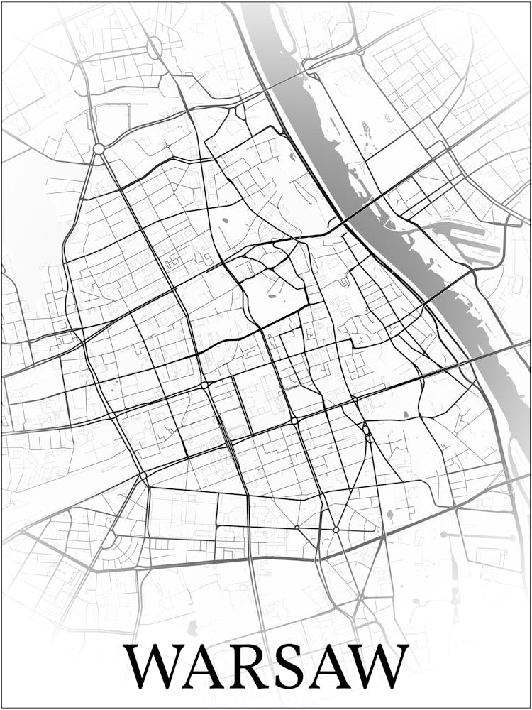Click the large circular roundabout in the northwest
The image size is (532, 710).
[x=99, y=149]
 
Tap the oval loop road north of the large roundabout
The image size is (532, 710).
[x=154, y=48]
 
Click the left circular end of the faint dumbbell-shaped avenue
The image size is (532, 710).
[x=443, y=534]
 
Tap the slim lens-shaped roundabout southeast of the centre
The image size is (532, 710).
[x=366, y=430]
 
